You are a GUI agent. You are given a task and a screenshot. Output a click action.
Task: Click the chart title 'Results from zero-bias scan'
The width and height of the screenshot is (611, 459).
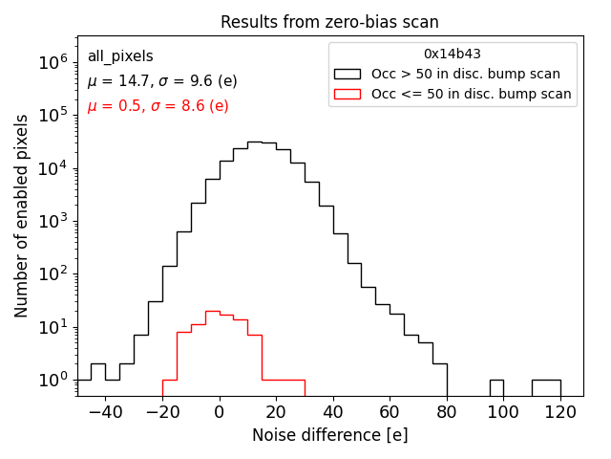coord(329,22)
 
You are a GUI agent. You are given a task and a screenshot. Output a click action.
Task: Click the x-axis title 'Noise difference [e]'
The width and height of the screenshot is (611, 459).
coord(329,435)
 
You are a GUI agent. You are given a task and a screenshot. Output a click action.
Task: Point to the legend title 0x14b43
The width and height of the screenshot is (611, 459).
coord(453,54)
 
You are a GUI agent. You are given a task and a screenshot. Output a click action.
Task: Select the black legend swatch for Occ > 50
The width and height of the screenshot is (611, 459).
coord(348,74)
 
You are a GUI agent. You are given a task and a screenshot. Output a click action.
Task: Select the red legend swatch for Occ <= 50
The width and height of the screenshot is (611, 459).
coord(348,94)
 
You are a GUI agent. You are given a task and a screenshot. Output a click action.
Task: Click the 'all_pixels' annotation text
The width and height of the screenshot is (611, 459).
coord(120,56)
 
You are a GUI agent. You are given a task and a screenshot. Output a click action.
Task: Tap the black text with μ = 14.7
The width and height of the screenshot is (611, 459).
coord(162,81)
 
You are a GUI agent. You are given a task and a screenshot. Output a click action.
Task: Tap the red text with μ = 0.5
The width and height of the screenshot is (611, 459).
coord(158,106)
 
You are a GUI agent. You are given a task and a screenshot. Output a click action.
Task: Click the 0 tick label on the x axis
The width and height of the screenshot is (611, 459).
coord(220,411)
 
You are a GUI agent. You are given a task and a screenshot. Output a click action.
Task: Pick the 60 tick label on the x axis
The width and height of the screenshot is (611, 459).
coord(390,411)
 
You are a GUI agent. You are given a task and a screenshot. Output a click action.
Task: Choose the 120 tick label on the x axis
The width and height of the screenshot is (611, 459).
coord(560,411)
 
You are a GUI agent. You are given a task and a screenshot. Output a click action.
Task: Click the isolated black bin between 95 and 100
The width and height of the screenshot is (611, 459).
coord(496,387)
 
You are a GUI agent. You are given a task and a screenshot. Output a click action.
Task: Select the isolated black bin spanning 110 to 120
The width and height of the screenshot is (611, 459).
coord(546,387)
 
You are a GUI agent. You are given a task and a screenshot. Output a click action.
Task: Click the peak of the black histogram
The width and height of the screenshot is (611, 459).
coord(255,142)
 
